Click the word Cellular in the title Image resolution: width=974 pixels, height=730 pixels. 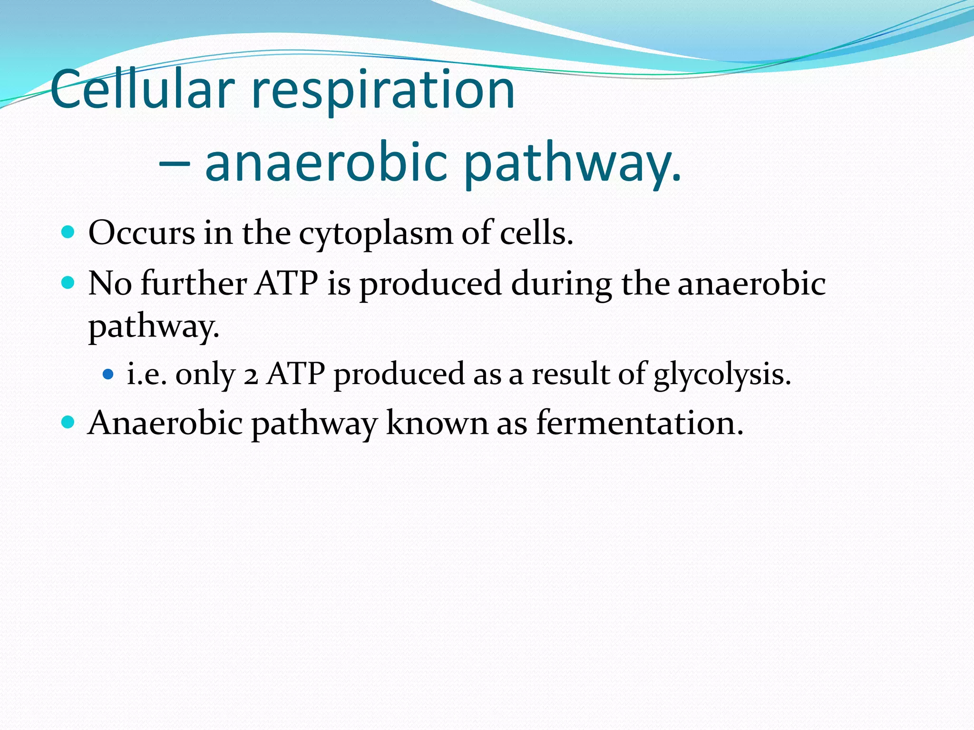143,89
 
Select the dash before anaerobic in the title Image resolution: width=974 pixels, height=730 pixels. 174,164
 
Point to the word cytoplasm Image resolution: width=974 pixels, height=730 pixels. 376,234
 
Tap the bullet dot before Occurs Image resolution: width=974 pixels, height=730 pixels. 68,232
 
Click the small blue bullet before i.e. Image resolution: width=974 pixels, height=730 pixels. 108,374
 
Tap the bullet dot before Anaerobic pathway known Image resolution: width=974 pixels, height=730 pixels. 68,422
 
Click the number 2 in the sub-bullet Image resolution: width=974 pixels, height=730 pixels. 251,375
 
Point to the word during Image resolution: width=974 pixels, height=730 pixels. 561,284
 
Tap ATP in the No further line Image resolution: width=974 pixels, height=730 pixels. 287,283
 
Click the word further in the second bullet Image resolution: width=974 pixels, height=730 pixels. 194,283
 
